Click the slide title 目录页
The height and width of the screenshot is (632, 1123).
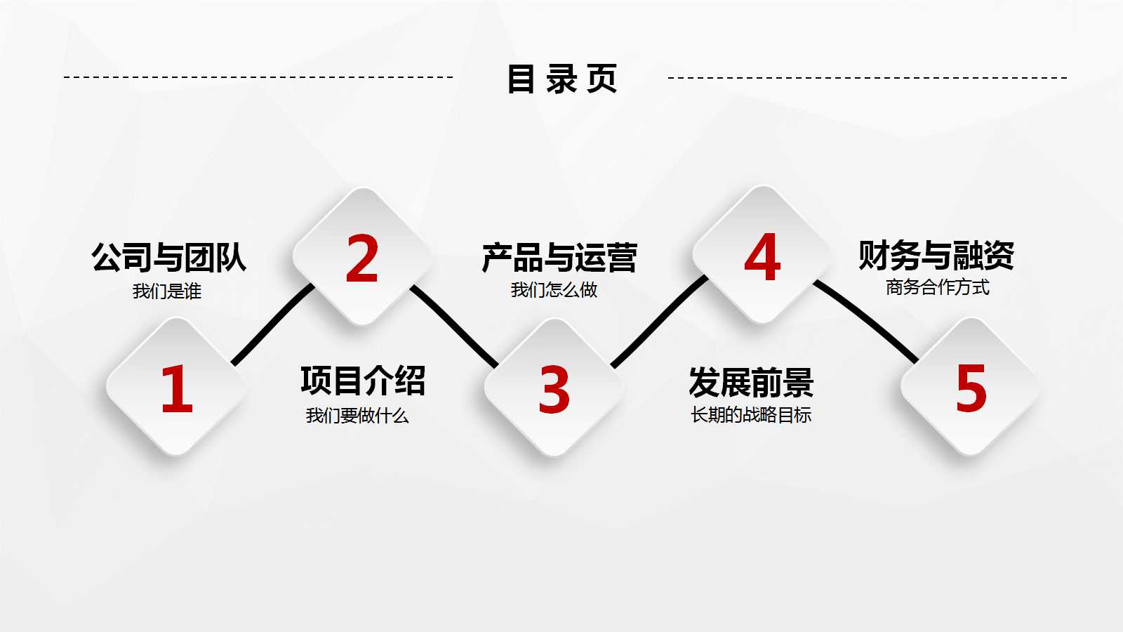[x=561, y=79]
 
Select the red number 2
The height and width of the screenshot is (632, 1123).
[x=362, y=258]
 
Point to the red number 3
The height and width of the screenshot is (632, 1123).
[x=554, y=390]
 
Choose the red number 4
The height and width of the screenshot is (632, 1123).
[x=762, y=257]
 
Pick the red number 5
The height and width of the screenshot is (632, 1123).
[x=971, y=388]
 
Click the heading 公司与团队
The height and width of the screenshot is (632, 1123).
[x=168, y=257]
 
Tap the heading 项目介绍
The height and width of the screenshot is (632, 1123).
[x=363, y=381]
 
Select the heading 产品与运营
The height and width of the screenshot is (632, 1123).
[x=559, y=258]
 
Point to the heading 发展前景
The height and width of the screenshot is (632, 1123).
[x=751, y=383]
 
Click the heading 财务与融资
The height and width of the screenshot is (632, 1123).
[x=936, y=255]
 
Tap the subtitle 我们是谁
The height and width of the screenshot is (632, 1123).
[x=167, y=291]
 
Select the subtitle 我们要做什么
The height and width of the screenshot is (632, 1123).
[x=357, y=416]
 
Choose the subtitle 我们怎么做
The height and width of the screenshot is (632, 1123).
[x=554, y=289]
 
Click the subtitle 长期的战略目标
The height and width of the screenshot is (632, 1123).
[x=751, y=415]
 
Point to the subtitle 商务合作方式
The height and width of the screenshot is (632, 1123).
[x=938, y=287]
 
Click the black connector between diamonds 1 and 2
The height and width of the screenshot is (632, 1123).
[x=272, y=324]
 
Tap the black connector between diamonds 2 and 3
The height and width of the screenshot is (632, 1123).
[x=455, y=326]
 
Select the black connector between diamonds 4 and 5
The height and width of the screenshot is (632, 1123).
[x=868, y=320]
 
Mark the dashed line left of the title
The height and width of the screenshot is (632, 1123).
[x=258, y=77]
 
